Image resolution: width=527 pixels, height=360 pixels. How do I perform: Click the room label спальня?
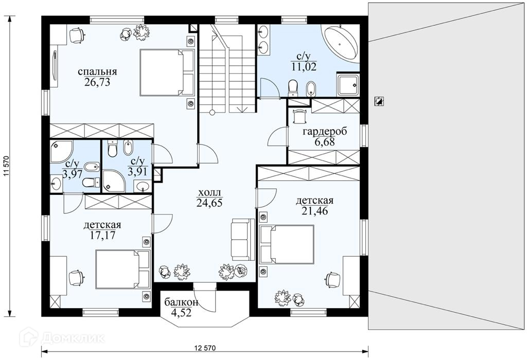[x=97, y=72]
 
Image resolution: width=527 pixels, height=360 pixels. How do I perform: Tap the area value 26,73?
[x=97, y=82]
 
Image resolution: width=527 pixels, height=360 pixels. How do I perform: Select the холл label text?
[x=209, y=193]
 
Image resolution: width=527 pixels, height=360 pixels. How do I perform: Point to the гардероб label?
[x=325, y=132]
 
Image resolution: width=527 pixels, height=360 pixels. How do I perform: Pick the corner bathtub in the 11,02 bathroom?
[x=340, y=44]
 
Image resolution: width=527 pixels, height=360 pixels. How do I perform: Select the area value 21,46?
[x=314, y=211]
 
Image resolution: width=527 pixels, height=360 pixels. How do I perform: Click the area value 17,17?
[x=102, y=235]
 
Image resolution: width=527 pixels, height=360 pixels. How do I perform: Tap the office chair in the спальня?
[x=77, y=35]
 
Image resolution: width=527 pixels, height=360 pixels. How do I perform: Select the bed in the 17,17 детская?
[x=122, y=269]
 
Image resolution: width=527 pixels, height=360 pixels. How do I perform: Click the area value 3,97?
[x=72, y=174]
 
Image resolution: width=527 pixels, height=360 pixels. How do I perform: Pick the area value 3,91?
[x=137, y=172]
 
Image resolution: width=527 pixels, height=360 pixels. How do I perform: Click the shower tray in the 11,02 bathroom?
[x=348, y=84]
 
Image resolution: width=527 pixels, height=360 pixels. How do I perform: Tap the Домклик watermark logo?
[x=62, y=337]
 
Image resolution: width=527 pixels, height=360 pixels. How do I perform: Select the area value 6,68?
[x=325, y=142]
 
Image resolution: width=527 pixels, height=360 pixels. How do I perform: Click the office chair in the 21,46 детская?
[x=333, y=280]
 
